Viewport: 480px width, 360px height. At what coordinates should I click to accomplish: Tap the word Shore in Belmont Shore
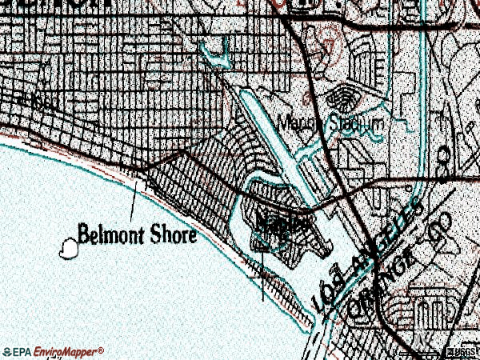[x=170, y=235]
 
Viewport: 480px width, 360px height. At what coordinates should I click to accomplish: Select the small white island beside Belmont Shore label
[x=70, y=249]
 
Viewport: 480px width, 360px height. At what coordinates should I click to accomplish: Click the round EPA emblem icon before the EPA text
[x=7, y=352]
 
